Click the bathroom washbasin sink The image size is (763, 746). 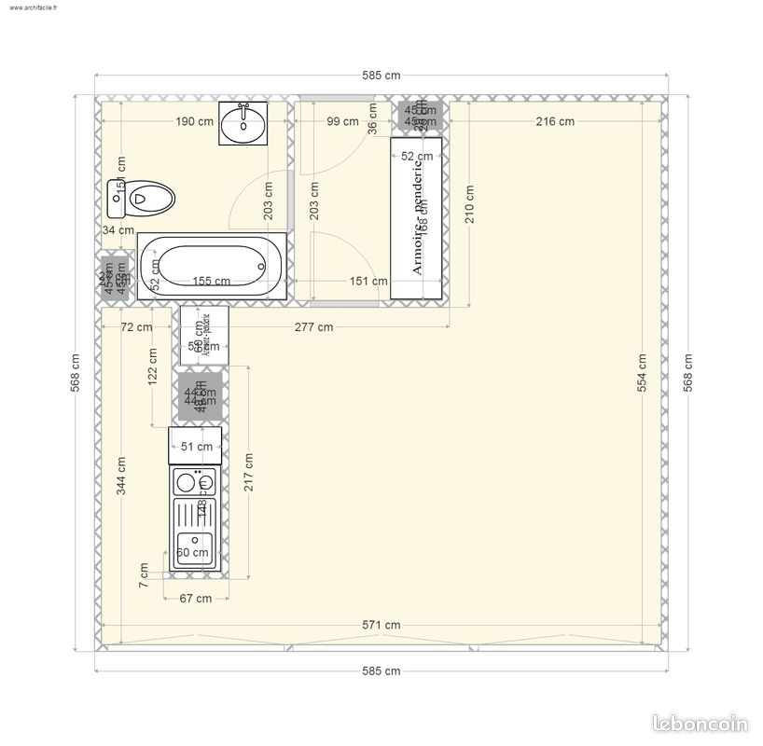pyautogui.click(x=244, y=124)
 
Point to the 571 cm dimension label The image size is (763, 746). pyautogui.click(x=381, y=625)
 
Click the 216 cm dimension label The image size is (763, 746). pyautogui.click(x=554, y=121)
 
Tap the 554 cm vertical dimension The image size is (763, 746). pyautogui.click(x=642, y=373)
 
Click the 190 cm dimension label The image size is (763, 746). pyautogui.click(x=195, y=121)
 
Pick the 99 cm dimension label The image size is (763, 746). pyautogui.click(x=342, y=121)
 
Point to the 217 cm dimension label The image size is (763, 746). pyautogui.click(x=248, y=473)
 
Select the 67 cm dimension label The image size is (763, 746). pyautogui.click(x=195, y=599)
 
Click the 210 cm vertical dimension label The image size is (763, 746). pyautogui.click(x=469, y=204)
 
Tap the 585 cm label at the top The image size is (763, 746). pyautogui.click(x=381, y=76)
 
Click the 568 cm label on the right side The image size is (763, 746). pyautogui.click(x=688, y=373)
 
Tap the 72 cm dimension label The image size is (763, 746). pyautogui.click(x=137, y=326)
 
